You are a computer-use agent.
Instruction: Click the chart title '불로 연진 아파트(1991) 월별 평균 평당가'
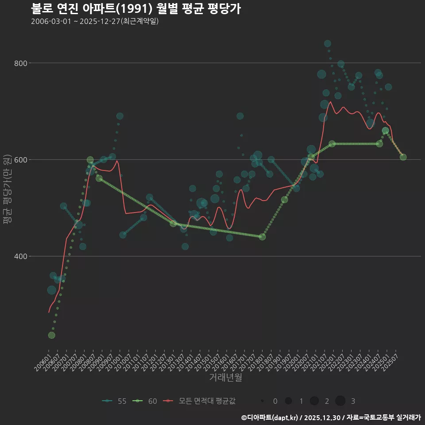click(x=136, y=9)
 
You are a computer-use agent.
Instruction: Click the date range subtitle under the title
click(x=95, y=22)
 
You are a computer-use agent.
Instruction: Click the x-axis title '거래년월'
click(x=225, y=378)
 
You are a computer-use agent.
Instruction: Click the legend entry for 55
click(x=115, y=401)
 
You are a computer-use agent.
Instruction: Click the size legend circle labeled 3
click(x=340, y=401)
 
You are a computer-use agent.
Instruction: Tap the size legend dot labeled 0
click(x=263, y=401)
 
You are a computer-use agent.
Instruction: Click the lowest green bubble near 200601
click(x=52, y=335)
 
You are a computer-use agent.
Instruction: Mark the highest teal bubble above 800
click(x=328, y=43)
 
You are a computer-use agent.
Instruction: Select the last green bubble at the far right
click(x=403, y=157)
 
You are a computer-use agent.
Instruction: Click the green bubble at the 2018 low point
click(x=262, y=237)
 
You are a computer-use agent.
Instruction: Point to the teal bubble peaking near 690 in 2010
click(x=120, y=116)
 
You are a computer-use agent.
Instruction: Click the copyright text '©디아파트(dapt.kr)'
click(x=270, y=417)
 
